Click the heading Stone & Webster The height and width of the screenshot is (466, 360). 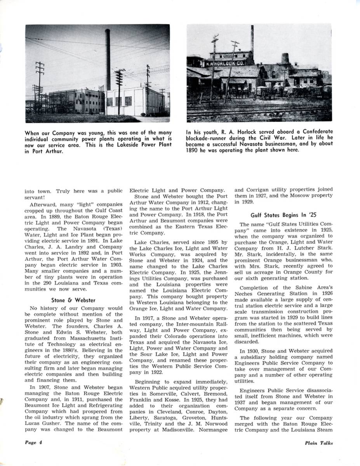point(73,300)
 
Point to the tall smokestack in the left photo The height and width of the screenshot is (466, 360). point(108,58)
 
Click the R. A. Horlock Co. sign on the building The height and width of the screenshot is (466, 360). point(225,63)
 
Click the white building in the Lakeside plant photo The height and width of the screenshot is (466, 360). point(134,102)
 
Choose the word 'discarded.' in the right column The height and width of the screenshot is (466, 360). point(247,342)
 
